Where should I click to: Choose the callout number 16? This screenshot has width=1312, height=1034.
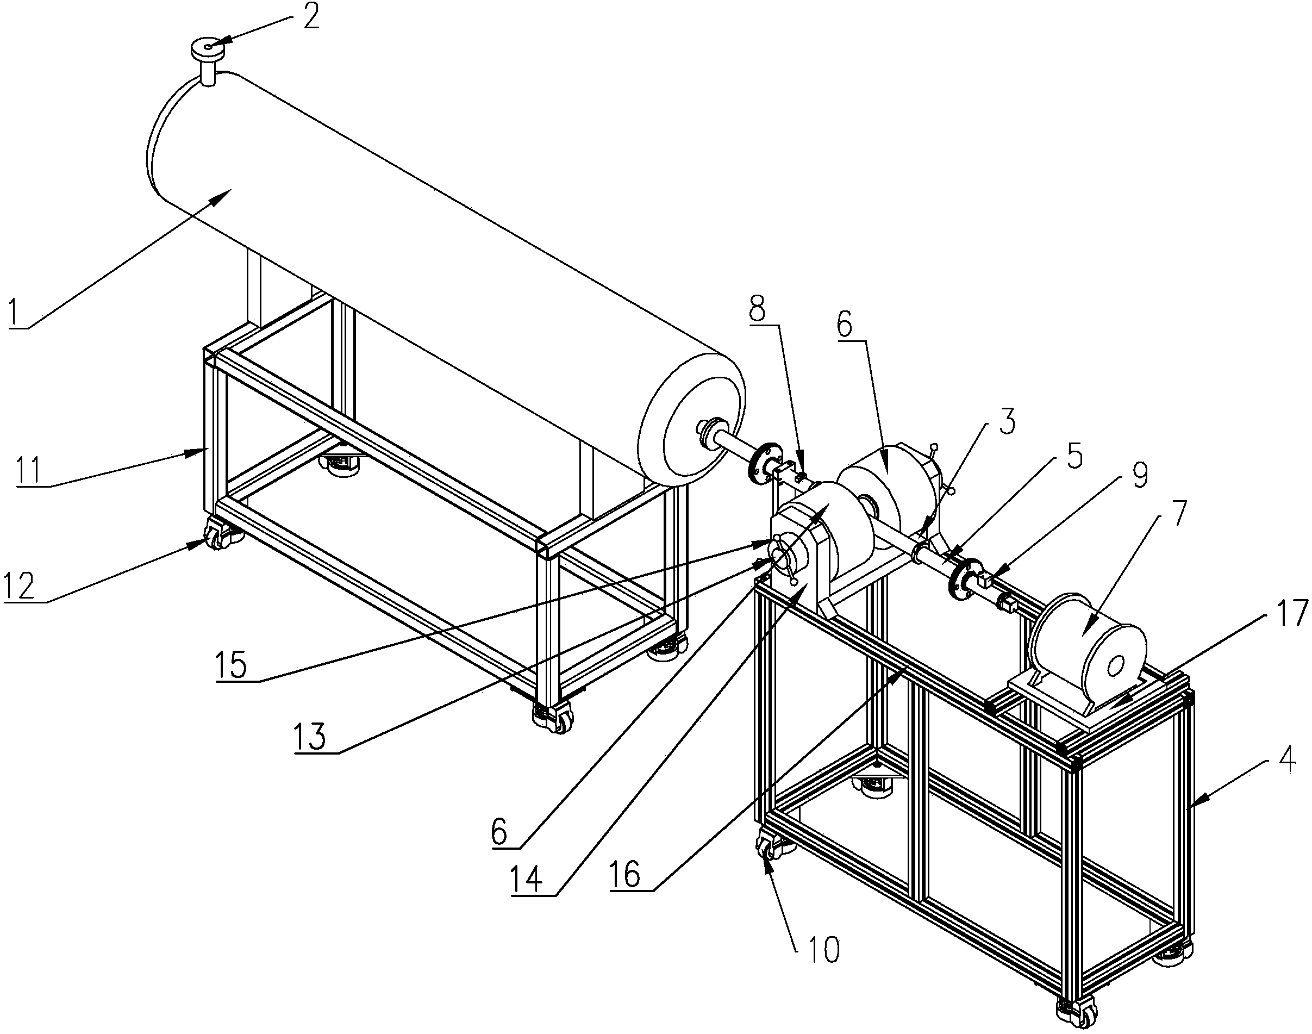tap(625, 875)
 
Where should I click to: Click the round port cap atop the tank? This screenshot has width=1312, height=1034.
tap(208, 47)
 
